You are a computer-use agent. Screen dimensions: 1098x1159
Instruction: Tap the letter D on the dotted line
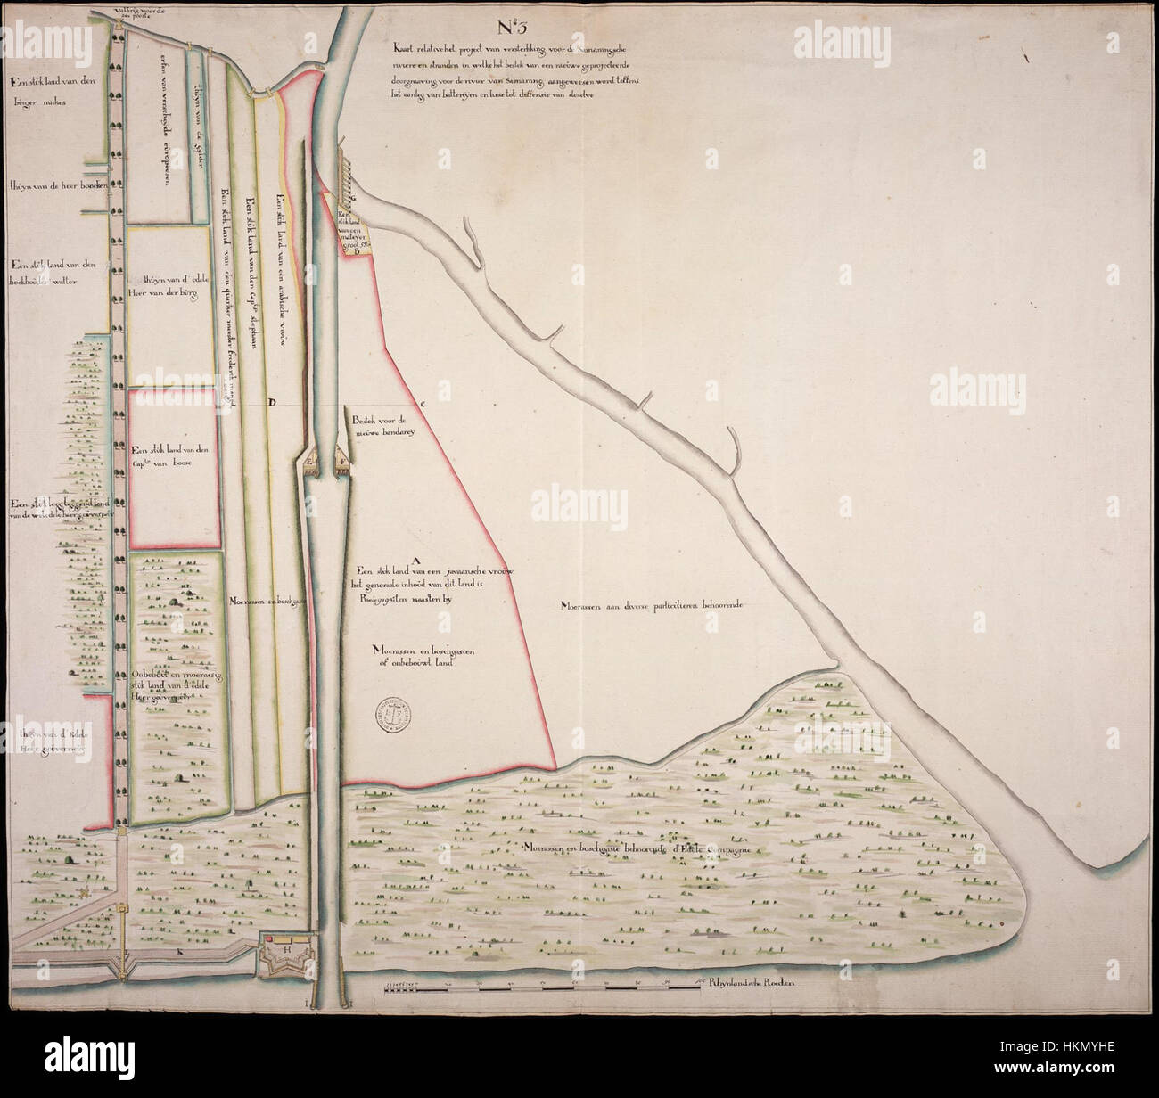pos(273,403)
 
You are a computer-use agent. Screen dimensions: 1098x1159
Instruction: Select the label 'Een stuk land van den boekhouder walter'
pos(52,273)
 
